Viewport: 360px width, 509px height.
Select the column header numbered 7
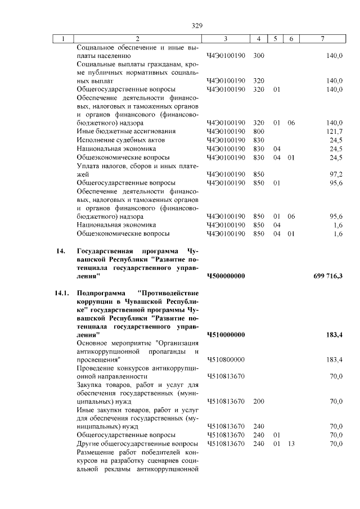322,39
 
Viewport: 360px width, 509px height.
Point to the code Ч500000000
226,276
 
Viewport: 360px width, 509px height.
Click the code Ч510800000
226,359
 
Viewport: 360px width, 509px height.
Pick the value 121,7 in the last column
335,131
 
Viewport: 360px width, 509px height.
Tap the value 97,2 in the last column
336,174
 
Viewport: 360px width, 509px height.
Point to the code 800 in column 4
259,131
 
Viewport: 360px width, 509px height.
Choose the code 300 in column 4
259,56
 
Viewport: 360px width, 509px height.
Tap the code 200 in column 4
259,401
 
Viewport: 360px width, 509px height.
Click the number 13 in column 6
290,444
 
